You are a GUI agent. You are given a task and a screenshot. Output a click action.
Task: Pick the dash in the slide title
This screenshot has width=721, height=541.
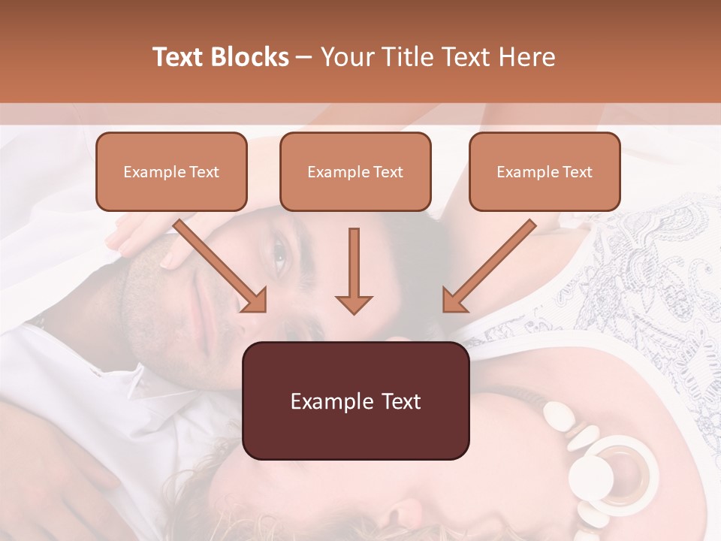pos(303,58)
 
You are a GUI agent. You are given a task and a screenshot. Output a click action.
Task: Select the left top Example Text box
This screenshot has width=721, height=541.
pos(171,171)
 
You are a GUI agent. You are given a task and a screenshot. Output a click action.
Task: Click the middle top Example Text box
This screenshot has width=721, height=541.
pos(355,171)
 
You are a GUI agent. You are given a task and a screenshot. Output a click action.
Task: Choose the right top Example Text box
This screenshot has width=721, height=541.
pos(545,171)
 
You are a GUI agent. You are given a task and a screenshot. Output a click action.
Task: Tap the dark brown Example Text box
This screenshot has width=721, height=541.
pos(355,400)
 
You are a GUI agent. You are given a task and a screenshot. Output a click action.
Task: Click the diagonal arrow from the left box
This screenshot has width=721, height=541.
pos(222,267)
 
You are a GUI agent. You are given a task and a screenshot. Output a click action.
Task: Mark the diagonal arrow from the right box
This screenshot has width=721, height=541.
pos(488,267)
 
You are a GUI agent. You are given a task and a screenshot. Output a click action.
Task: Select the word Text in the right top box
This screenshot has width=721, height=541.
pos(577,172)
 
